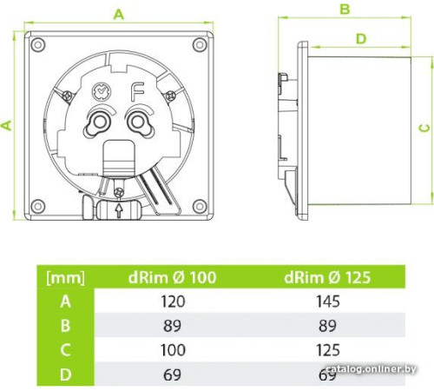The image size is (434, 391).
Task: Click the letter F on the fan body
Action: pos(138,92)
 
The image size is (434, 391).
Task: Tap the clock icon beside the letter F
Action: pos(102,91)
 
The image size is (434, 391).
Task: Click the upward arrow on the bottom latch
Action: pos(118,210)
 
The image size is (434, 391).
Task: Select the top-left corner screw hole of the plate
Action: pos(38,44)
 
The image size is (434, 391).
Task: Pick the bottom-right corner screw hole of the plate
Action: pos(200,206)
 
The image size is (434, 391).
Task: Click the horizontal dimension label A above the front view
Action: pos(119,15)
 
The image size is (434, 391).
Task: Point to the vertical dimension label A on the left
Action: pos(6,125)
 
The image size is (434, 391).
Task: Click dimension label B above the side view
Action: pos(345,10)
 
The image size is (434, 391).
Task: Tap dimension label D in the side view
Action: pos(361,38)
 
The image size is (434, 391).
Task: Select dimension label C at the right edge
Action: pos(424,128)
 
